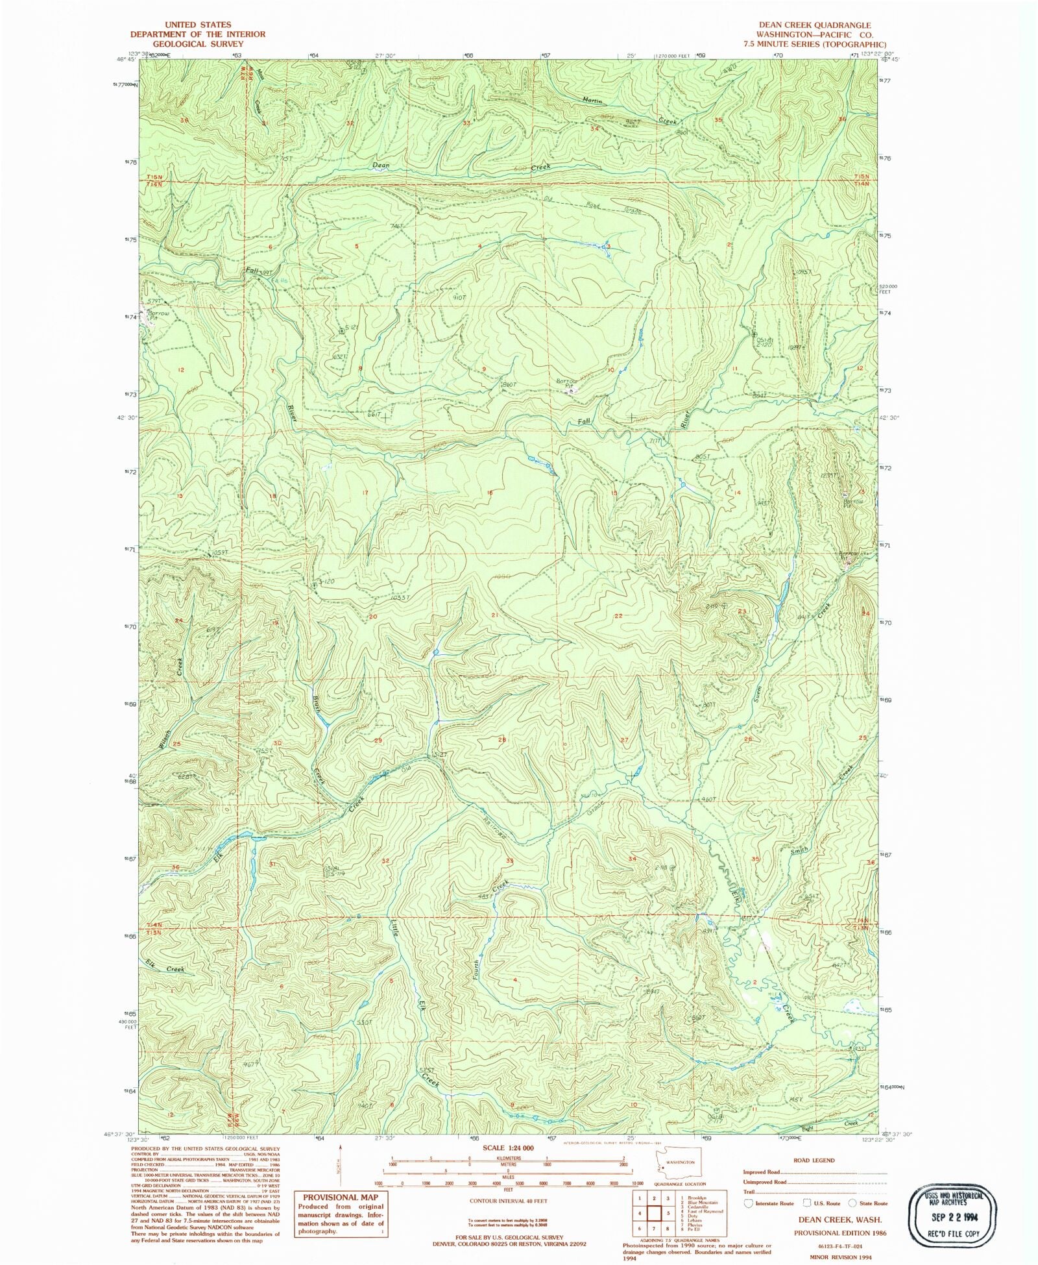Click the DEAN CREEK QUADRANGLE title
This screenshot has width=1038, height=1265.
815,25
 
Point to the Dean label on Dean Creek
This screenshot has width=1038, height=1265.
381,166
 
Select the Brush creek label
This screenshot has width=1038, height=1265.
316,703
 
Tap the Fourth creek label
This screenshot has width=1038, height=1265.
477,970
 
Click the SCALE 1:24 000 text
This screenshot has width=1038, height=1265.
508,1148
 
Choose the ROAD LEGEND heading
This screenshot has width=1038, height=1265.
814,1160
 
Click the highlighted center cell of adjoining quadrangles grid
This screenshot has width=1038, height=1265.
655,1212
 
